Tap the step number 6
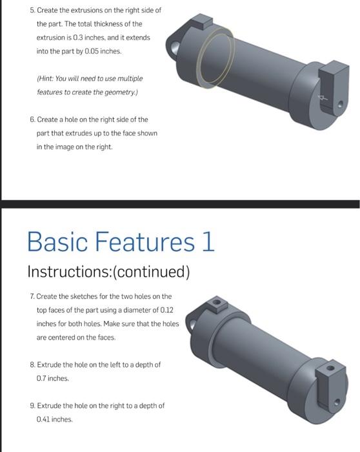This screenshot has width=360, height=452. (x=32, y=120)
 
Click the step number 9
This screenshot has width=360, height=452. (x=32, y=406)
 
